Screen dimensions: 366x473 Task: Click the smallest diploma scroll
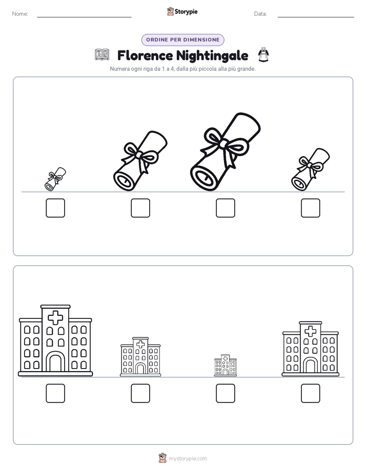[x=55, y=179]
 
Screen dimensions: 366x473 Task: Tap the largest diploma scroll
[x=225, y=152]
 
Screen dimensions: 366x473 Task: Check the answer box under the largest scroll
[x=225, y=208]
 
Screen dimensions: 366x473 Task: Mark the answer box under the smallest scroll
[x=55, y=208]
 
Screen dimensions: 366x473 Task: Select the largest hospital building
[x=55, y=340]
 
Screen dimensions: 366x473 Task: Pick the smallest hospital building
[x=225, y=365]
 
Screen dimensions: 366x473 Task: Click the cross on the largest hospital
[x=55, y=318]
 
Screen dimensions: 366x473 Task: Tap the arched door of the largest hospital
[x=55, y=362]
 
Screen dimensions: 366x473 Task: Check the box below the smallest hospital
[x=225, y=393]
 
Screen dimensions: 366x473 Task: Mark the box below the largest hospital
[x=55, y=393]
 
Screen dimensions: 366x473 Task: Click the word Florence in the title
[x=145, y=55]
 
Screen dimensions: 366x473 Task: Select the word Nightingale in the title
[x=212, y=56]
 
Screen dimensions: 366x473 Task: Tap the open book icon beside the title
[x=102, y=55]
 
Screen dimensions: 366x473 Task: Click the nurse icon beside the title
[x=263, y=55]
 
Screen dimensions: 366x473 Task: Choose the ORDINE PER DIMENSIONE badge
[x=182, y=40]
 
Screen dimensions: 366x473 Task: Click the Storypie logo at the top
[x=182, y=11]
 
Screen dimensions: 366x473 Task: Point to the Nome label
[x=20, y=14]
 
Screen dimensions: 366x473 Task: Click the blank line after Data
[x=316, y=17]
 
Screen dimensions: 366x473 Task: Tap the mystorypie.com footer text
[x=188, y=459]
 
